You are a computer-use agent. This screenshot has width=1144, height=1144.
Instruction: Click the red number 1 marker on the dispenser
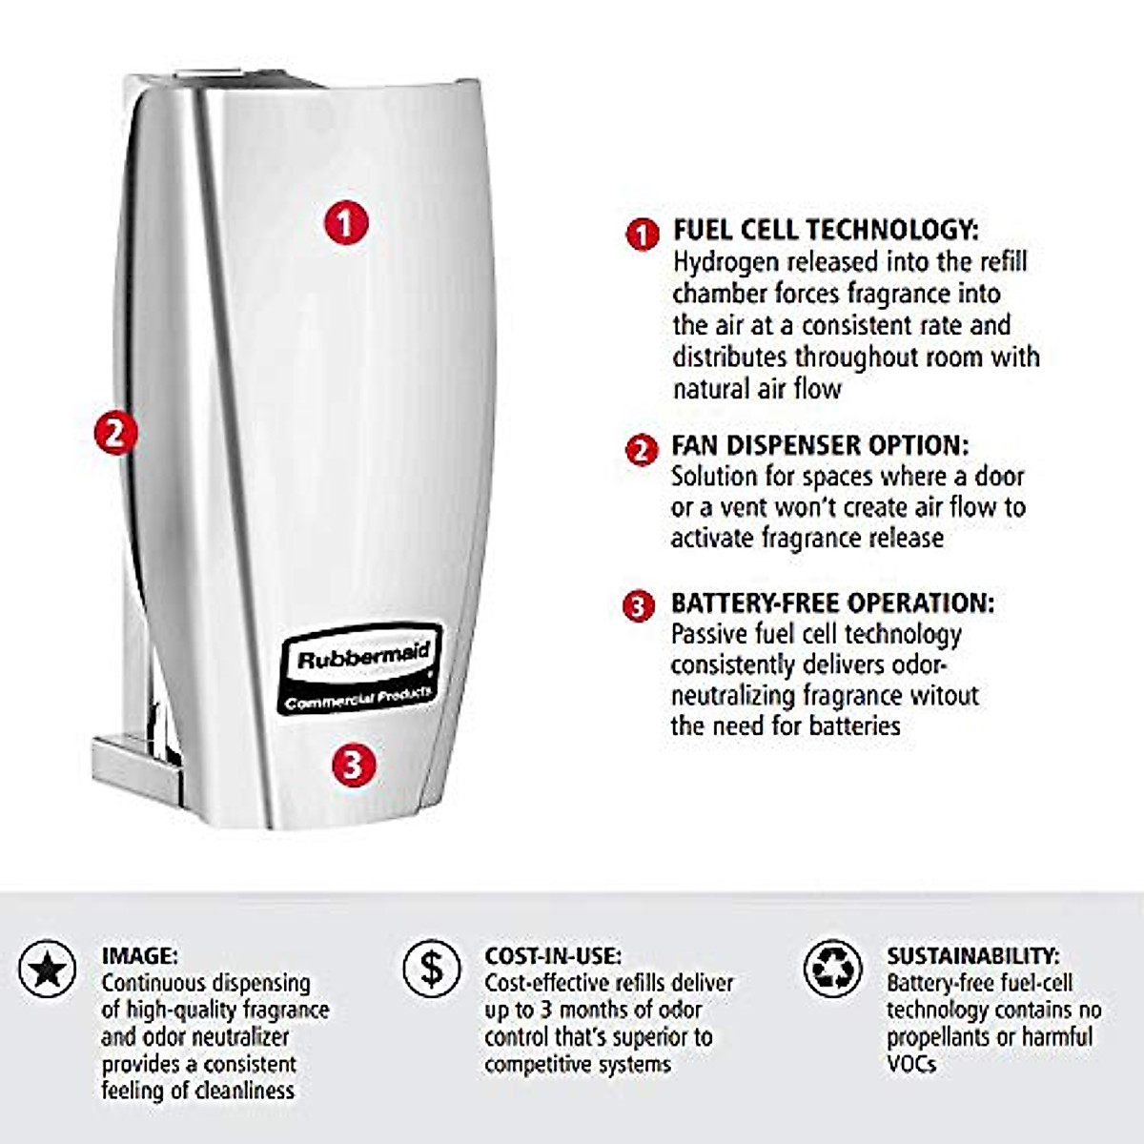345,222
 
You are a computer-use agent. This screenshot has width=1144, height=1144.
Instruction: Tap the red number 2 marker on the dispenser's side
115,434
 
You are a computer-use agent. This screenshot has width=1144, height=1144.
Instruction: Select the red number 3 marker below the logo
353,763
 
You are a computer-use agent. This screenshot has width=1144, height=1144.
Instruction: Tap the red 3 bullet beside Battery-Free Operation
639,606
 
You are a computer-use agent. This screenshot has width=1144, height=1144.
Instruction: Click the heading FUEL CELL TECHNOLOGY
825,230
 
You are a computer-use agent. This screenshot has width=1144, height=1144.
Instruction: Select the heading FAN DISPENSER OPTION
819,445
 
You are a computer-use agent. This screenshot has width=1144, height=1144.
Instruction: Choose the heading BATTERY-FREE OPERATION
831,603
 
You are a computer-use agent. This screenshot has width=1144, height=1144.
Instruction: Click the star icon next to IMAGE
48,970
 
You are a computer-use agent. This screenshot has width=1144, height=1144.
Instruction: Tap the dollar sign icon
432,969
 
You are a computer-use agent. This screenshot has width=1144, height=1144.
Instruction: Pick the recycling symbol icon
832,969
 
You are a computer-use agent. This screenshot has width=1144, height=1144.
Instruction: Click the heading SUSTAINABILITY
972,955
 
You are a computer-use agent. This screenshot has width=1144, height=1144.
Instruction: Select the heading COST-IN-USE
553,955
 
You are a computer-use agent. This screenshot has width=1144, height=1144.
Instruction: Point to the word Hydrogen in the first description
726,262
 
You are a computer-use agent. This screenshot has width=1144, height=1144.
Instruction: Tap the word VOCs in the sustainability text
911,1064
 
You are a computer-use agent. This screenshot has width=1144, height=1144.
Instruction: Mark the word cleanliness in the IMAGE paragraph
245,1091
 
